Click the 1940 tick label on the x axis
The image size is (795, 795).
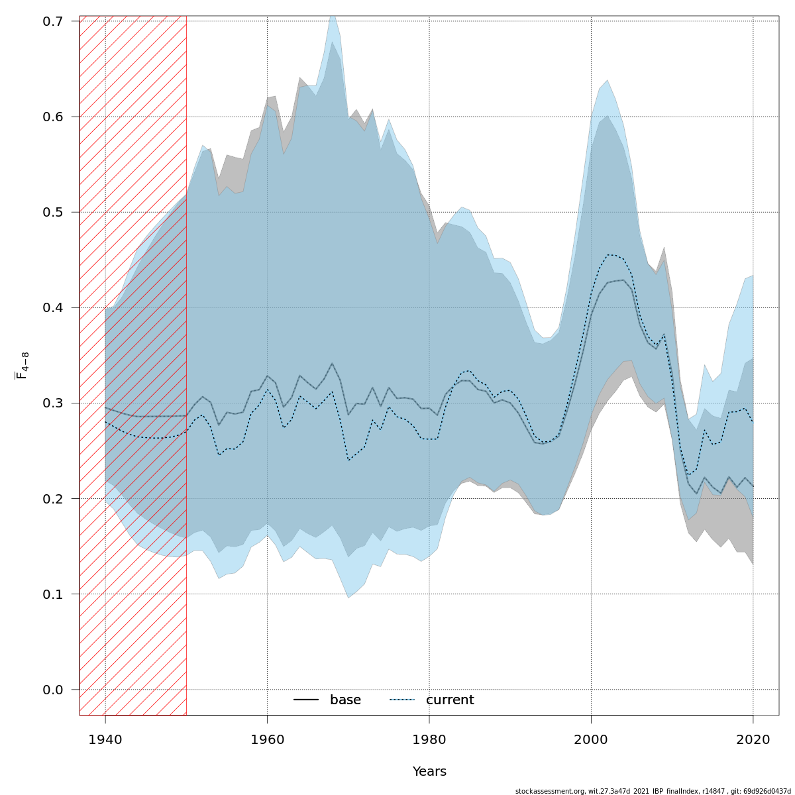(x=105, y=739)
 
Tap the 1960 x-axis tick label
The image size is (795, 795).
(x=267, y=739)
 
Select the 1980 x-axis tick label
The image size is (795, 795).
(x=429, y=739)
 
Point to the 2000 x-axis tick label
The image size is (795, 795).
(x=591, y=739)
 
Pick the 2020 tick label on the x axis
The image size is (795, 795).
(x=753, y=739)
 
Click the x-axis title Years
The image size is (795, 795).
(x=429, y=772)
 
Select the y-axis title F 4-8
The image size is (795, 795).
(x=22, y=366)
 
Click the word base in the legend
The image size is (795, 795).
(x=345, y=700)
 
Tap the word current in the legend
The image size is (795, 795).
(x=450, y=700)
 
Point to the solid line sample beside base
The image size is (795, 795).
(x=306, y=700)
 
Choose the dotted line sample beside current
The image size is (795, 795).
(x=402, y=700)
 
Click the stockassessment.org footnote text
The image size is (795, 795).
(x=653, y=791)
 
